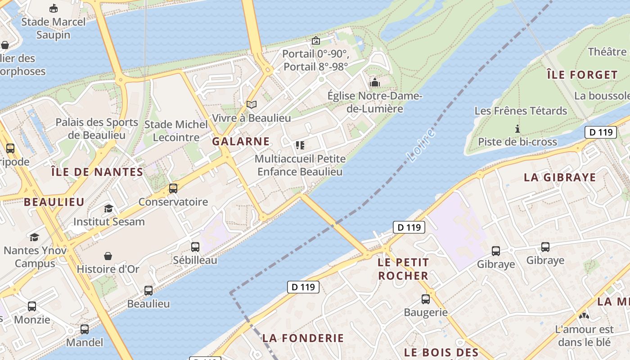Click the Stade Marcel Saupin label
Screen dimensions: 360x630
(x=53, y=28)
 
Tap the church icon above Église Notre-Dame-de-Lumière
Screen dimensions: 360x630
(x=374, y=82)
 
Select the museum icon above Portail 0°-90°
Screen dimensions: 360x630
(x=316, y=40)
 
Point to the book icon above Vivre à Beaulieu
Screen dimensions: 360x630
(x=252, y=104)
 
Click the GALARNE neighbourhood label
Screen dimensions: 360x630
(x=241, y=141)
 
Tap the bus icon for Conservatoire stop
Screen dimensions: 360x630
(x=173, y=189)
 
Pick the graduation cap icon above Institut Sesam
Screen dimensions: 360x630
(x=108, y=208)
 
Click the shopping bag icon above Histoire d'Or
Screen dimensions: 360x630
(x=108, y=256)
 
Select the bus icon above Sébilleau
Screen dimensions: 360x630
(x=195, y=247)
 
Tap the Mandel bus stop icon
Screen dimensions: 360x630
(x=85, y=329)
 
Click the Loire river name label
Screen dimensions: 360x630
(x=421, y=145)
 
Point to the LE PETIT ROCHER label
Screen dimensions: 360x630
(x=403, y=269)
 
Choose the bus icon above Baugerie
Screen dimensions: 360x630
(x=426, y=299)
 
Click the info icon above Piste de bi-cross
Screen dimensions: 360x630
(x=517, y=129)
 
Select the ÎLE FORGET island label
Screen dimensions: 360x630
(x=582, y=75)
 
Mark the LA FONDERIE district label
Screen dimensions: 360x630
(x=303, y=338)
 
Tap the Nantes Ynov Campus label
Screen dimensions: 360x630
(x=35, y=256)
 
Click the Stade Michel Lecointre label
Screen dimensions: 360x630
(x=176, y=130)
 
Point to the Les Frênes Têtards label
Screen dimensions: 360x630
(x=521, y=111)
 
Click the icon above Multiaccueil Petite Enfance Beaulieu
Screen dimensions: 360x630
(x=300, y=145)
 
